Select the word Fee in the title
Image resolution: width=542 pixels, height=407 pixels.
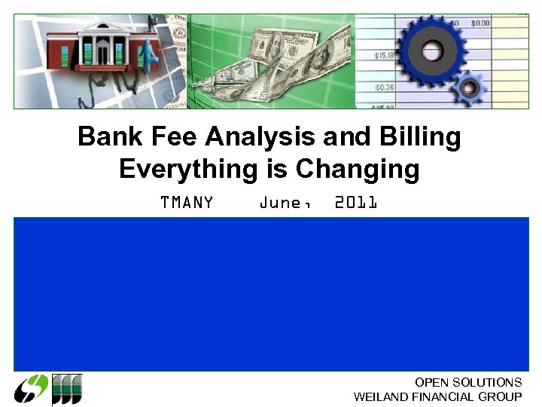[x=169, y=137]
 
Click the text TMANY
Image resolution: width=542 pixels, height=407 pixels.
[x=187, y=203]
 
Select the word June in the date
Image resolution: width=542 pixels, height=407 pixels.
[x=282, y=203]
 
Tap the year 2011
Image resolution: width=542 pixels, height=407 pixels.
[x=355, y=203]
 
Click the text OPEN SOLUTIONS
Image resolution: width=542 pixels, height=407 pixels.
[x=468, y=383]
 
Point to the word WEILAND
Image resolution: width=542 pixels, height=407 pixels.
[x=382, y=397]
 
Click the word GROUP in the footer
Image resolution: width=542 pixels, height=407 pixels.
[x=502, y=397]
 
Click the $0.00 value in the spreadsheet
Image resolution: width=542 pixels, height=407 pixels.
[x=480, y=24]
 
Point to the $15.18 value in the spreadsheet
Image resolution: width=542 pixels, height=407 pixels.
[x=385, y=55]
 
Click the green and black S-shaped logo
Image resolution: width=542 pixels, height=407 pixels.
[x=32, y=390]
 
